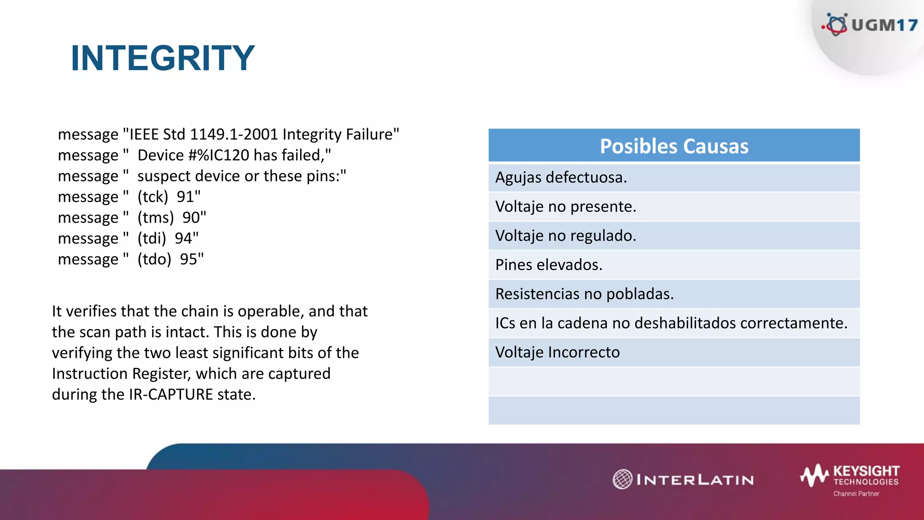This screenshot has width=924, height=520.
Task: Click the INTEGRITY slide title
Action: point(163,58)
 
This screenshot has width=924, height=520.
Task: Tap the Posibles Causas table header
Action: point(674,146)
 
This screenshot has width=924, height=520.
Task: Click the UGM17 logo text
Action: point(884,25)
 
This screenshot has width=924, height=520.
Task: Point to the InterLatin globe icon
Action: point(623,479)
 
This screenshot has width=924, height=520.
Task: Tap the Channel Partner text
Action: point(856,494)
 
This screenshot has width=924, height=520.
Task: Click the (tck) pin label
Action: point(152,197)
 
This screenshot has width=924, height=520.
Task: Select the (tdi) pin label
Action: point(152,238)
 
